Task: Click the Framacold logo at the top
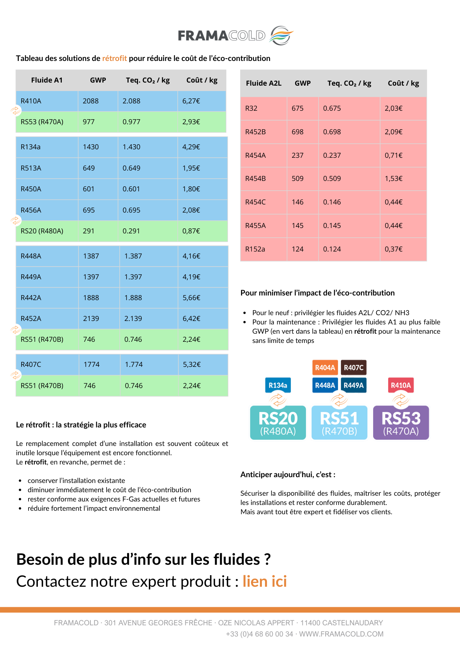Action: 236,35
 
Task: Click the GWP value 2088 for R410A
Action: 91,101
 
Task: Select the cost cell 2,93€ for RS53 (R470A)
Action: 191,122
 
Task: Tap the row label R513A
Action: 31,168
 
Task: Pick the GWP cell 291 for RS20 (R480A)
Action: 89,231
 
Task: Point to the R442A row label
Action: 31,298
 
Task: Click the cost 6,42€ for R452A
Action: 192,319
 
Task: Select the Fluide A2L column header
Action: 264,83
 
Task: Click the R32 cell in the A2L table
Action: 251,108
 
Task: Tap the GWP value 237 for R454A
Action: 297,155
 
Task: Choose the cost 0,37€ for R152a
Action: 394,249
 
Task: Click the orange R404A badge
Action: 325,368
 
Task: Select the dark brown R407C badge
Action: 354,368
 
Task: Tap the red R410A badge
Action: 401,385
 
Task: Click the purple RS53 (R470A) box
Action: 401,423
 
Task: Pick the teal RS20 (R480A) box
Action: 278,423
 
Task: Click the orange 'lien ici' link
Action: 265,581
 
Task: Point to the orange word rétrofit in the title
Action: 114,58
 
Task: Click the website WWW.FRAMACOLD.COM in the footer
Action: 341,634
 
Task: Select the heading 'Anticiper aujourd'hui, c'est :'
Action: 288,474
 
